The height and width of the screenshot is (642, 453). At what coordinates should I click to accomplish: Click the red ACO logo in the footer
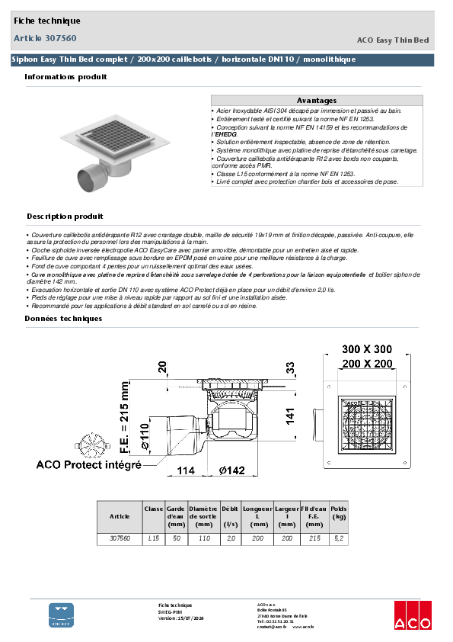point(412,615)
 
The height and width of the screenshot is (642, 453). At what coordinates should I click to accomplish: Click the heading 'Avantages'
point(316,101)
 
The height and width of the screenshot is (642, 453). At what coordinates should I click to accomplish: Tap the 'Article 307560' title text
point(45,37)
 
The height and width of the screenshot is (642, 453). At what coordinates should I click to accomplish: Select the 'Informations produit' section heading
point(65,77)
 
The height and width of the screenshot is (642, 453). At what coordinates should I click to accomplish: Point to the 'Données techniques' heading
point(63,318)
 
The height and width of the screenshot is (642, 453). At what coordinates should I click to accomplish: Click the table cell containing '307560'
point(120,538)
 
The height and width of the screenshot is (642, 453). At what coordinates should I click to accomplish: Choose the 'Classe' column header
point(154,508)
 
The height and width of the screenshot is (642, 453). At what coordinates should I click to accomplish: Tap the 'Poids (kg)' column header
point(339,512)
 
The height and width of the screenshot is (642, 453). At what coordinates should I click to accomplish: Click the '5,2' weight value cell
point(339,538)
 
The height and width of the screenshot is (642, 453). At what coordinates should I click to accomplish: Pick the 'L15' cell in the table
point(154,538)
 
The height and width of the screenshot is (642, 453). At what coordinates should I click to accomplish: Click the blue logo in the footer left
point(62,615)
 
